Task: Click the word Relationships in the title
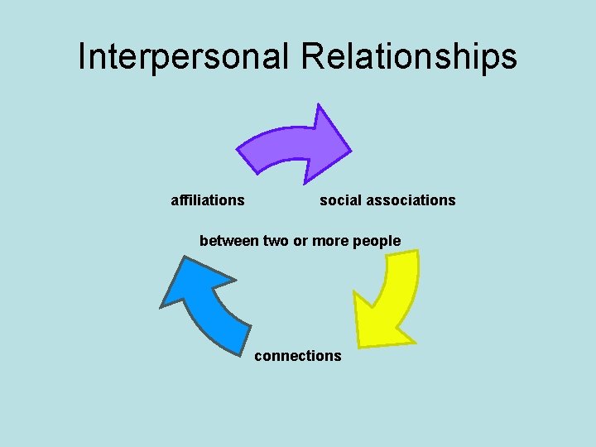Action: (410, 56)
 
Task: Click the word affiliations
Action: (207, 199)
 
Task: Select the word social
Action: (339, 199)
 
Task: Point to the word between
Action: (229, 241)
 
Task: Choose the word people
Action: (377, 241)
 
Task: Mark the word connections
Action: (297, 355)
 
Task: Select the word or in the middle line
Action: (300, 241)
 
